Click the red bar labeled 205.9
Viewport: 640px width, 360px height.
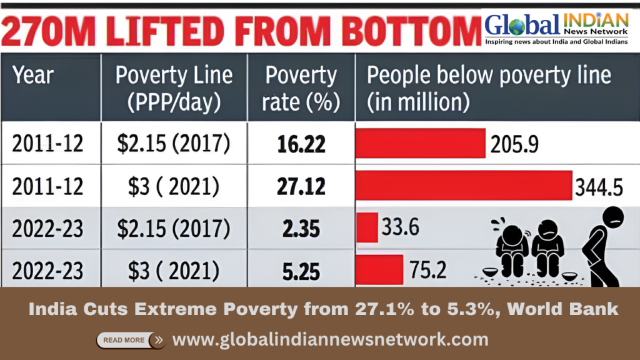(x=420, y=144)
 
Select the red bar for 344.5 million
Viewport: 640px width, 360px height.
(x=463, y=186)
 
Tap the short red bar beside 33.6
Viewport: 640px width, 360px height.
(x=367, y=227)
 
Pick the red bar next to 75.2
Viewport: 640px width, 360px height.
(x=379, y=270)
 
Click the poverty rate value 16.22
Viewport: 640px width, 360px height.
(x=301, y=144)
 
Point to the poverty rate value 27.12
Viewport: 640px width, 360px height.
(x=301, y=186)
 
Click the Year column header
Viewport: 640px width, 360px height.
(x=33, y=76)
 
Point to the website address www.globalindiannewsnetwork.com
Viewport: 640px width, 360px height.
(x=330, y=339)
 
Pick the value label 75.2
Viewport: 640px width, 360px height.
(x=427, y=270)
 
